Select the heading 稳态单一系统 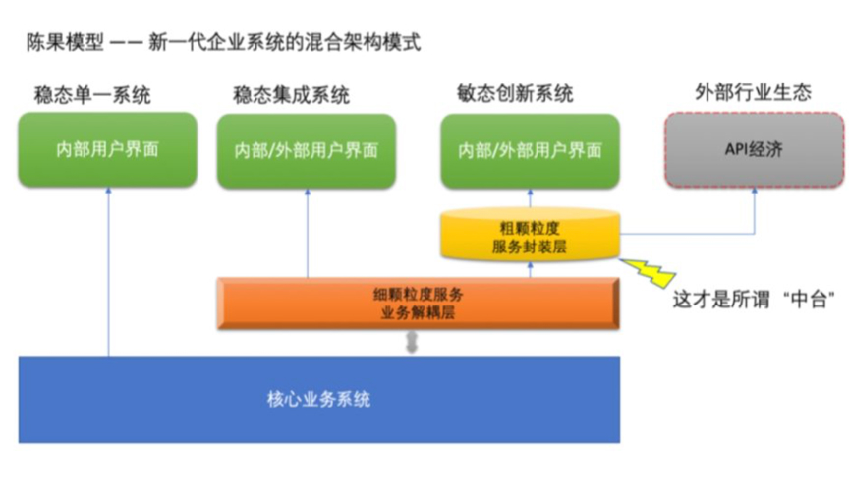(x=94, y=95)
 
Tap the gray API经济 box (x=754, y=150)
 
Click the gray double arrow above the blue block (x=412, y=343)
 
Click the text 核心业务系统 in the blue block (x=318, y=400)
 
